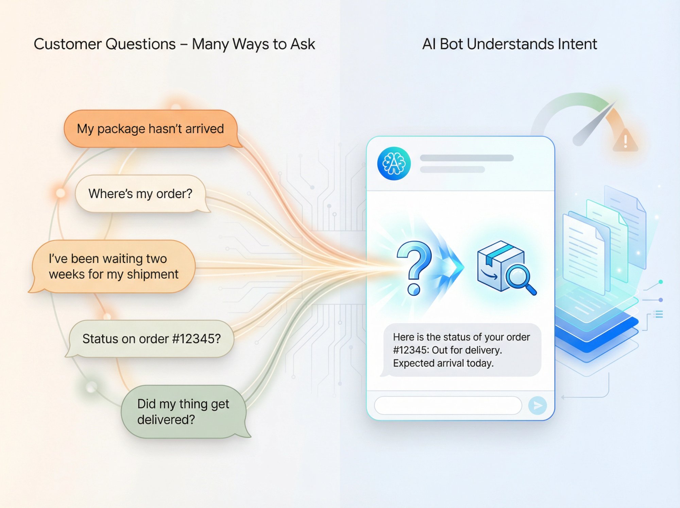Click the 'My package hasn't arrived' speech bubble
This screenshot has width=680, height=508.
pos(150,129)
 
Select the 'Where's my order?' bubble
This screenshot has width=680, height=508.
pos(140,194)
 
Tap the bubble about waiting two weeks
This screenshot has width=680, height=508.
pos(113,266)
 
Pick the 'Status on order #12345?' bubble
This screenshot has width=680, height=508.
pos(151,339)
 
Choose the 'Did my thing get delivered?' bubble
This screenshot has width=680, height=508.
pos(183,411)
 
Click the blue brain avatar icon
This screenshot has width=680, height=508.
pos(394,163)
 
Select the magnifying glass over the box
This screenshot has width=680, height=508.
pos(519,277)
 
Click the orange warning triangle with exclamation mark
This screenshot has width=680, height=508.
pos(625,140)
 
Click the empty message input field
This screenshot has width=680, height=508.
pos(448,405)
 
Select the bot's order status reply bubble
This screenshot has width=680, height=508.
pos(461,350)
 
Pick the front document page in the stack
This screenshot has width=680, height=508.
pos(583,253)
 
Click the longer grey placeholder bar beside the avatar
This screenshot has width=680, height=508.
pos(466,158)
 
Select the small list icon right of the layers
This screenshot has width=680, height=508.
pos(659,314)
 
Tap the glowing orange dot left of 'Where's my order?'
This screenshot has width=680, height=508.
pos(61,193)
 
